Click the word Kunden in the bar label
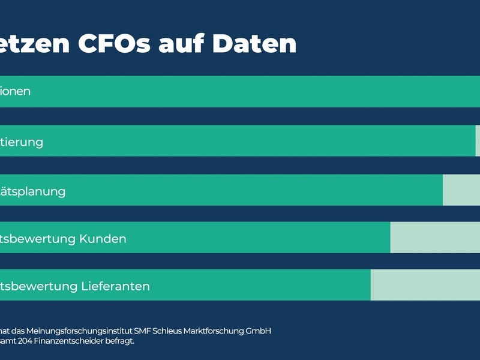click(103, 239)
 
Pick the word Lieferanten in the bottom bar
click(115, 286)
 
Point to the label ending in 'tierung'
click(22, 142)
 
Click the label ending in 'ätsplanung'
click(32, 192)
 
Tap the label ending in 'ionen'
click(15, 92)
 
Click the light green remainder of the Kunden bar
click(434, 238)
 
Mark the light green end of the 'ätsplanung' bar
click(461, 190)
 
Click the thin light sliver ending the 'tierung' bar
click(478, 141)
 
